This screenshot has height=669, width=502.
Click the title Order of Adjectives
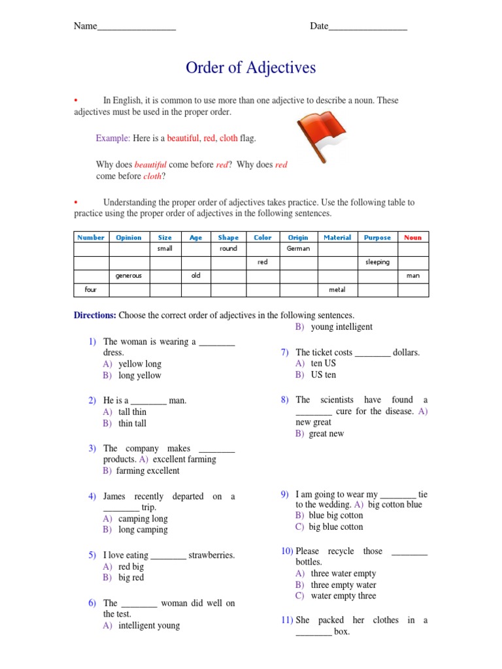click(x=250, y=68)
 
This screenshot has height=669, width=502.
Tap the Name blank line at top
click(x=136, y=27)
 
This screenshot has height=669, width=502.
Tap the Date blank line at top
click(x=367, y=27)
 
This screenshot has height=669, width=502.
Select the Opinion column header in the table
click(x=128, y=238)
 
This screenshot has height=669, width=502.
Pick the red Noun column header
click(x=412, y=238)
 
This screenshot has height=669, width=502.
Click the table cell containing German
click(x=298, y=249)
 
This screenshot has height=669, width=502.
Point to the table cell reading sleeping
click(x=377, y=262)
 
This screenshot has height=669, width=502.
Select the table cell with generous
click(x=128, y=276)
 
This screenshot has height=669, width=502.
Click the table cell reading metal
click(x=337, y=289)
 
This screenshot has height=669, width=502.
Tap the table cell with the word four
click(x=91, y=289)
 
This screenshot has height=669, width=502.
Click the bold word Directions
click(x=95, y=315)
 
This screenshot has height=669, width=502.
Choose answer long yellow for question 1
click(x=139, y=376)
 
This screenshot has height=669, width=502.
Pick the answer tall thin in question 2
click(x=132, y=412)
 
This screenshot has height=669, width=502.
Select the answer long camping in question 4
click(x=142, y=530)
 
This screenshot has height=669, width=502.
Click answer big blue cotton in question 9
click(x=335, y=527)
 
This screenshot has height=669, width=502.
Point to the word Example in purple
click(x=112, y=139)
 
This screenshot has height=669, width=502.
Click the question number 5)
click(x=92, y=555)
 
